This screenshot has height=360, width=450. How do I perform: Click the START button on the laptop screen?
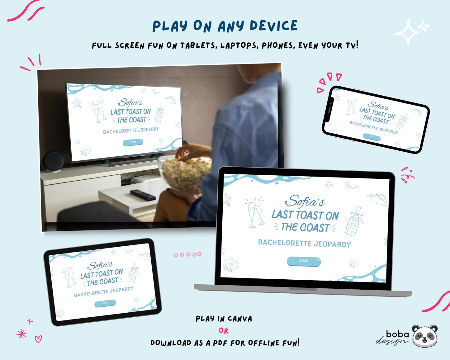click(x=304, y=261)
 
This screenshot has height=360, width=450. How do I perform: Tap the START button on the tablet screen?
click(x=105, y=303)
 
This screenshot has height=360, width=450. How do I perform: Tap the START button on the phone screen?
click(x=372, y=137)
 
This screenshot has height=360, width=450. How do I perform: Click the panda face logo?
click(x=424, y=336)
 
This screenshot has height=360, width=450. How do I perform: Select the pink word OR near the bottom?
click(x=224, y=331)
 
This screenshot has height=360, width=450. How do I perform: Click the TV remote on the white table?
click(x=143, y=195)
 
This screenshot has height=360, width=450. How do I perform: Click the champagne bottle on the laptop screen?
click(x=355, y=221)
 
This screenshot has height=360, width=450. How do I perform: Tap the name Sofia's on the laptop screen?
click(x=305, y=201)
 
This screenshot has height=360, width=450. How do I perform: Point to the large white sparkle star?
click(x=406, y=31)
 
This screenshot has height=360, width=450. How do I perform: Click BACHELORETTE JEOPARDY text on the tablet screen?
click(x=104, y=292)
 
